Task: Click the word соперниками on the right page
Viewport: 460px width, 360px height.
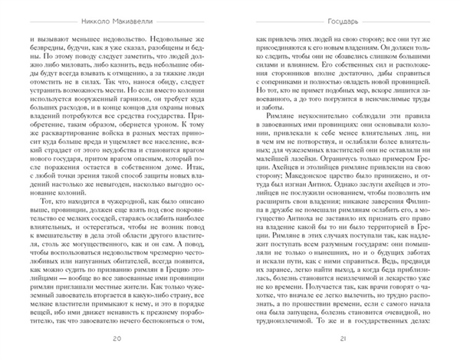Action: (x=294, y=77)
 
